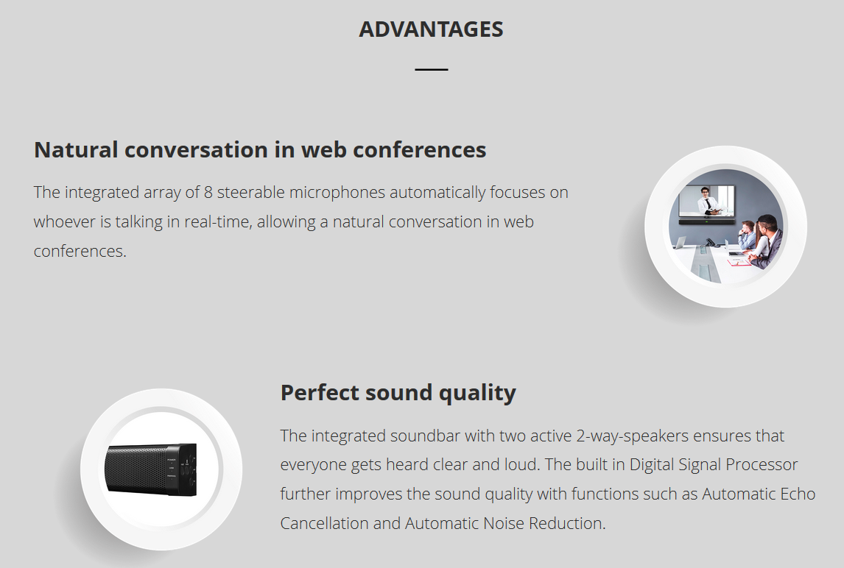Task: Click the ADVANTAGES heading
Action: [x=431, y=29]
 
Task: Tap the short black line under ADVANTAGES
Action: [x=431, y=69]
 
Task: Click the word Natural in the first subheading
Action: [x=76, y=149]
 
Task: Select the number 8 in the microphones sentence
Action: [x=208, y=193]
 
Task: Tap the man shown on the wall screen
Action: [x=706, y=201]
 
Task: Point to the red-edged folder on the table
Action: [x=739, y=262]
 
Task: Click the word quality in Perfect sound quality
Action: [x=477, y=393]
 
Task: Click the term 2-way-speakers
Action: [x=633, y=436]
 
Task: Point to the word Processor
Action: [x=762, y=465]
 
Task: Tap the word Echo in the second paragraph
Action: [x=799, y=494]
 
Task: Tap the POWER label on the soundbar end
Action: [x=171, y=461]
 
